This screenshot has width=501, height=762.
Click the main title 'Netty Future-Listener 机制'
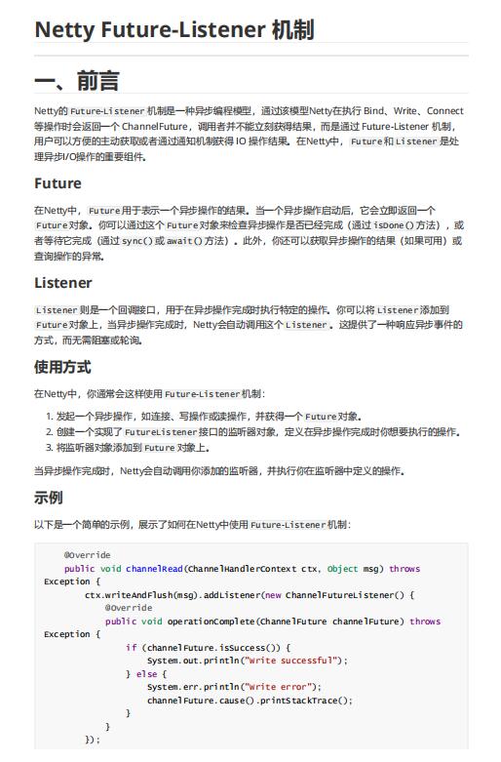pyautogui.click(x=174, y=30)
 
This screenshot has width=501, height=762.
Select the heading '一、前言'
pyautogui.click(x=77, y=80)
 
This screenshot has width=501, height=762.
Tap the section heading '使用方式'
pyautogui.click(x=62, y=367)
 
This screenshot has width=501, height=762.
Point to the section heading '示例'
pyautogui.click(x=49, y=498)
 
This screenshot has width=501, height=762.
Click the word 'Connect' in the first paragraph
pyautogui.click(x=444, y=111)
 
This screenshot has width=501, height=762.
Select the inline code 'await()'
pyautogui.click(x=184, y=240)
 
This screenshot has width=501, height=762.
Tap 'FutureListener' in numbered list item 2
pyautogui.click(x=160, y=431)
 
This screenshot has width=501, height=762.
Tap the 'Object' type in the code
pyautogui.click(x=342, y=569)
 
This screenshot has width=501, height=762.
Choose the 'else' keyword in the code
pyautogui.click(x=145, y=674)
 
